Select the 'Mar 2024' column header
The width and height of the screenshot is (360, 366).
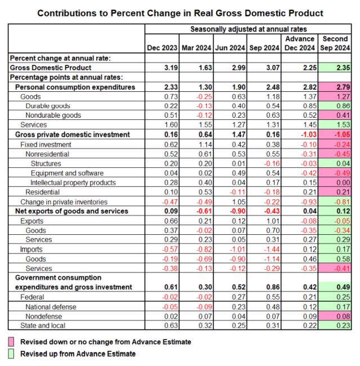196,48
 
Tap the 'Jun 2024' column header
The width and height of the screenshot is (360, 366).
230,48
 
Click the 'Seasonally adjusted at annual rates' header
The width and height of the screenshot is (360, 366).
248,29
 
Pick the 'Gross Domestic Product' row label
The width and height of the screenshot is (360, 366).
51,68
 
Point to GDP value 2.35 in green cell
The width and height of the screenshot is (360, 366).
343,68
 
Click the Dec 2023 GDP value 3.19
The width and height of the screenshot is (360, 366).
171,68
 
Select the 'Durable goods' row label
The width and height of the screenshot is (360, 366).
48,106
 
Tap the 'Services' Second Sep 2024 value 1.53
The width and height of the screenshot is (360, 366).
343,124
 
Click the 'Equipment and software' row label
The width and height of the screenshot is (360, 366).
67,173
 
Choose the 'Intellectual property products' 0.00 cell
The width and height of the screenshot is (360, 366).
343,182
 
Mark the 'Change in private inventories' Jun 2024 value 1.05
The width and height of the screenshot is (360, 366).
238,202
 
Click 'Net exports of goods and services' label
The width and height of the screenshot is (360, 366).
71,211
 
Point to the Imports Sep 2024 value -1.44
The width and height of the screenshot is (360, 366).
272,249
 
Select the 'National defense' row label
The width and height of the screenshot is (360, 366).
51,307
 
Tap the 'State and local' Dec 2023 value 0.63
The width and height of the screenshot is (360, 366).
171,325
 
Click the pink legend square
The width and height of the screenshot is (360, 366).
11,342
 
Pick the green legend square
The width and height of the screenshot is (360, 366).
11,354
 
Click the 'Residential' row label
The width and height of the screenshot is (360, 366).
42,192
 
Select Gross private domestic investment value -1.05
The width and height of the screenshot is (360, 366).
342,135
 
